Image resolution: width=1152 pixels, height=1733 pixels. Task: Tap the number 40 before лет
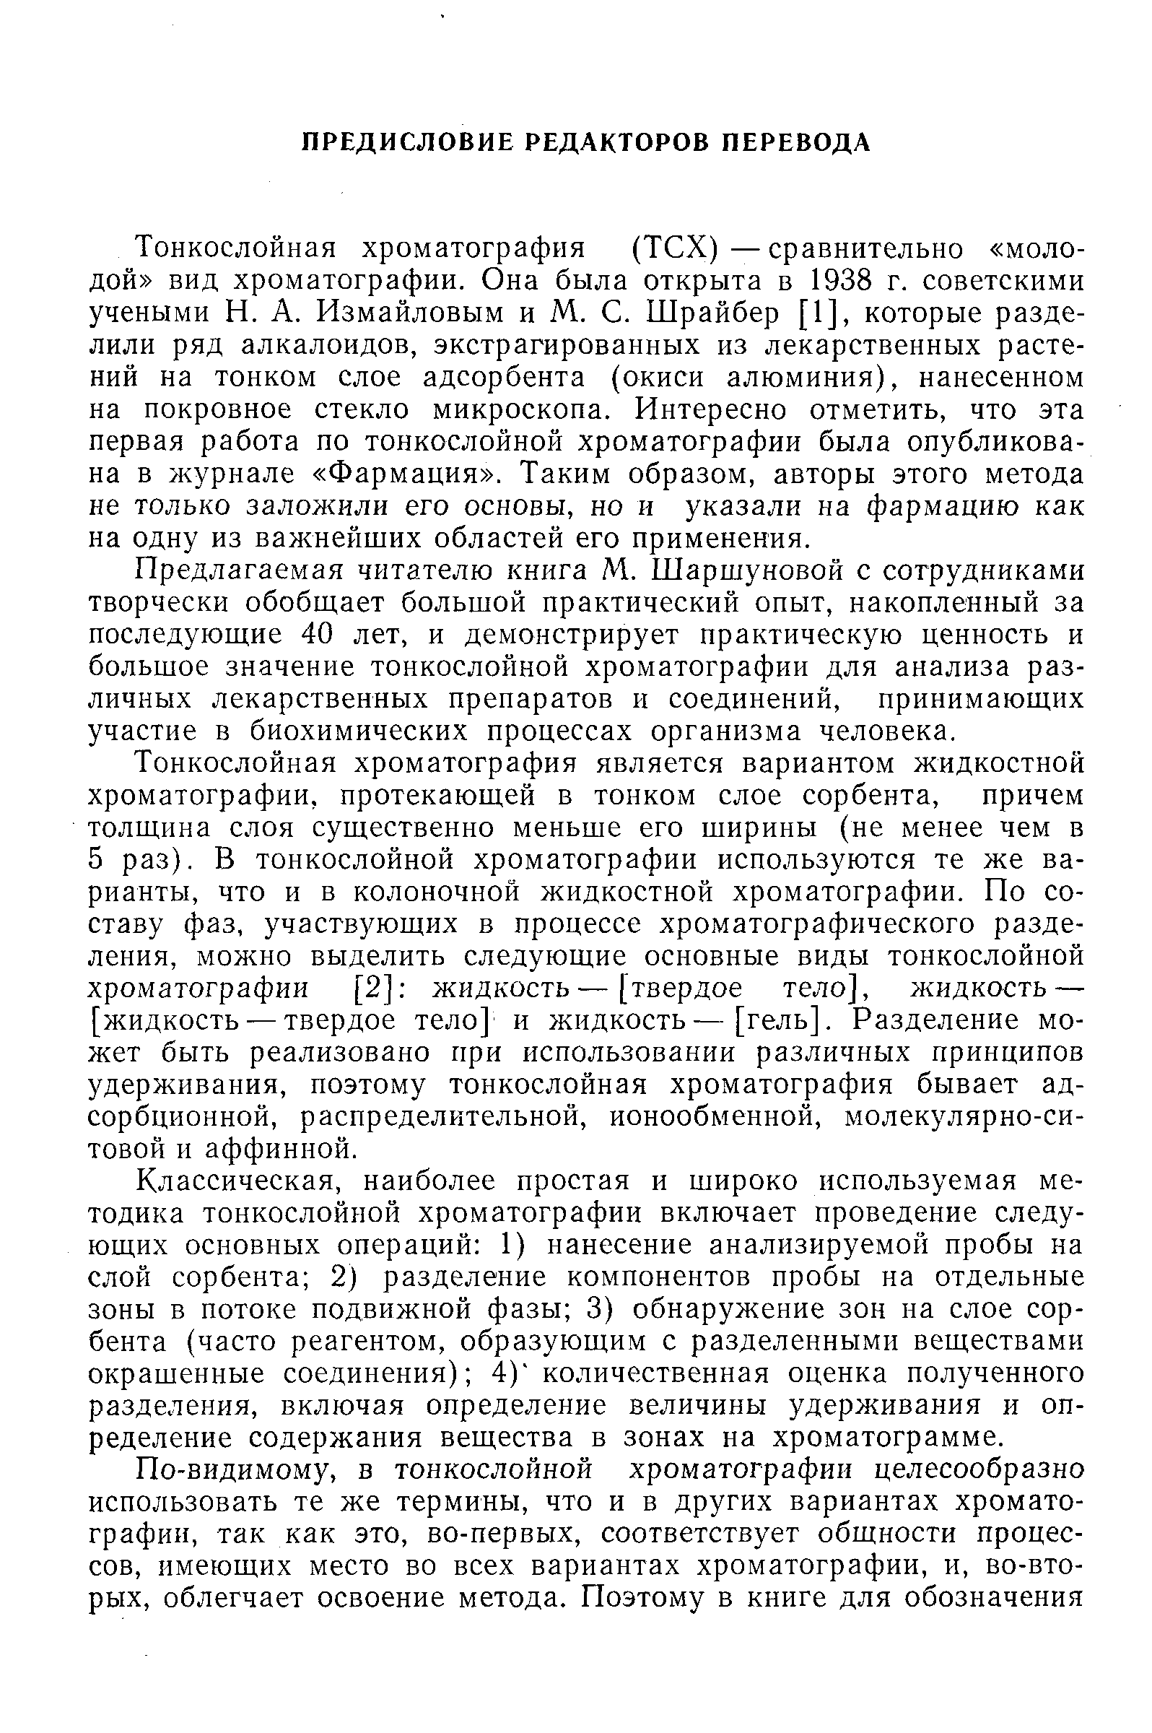(318, 634)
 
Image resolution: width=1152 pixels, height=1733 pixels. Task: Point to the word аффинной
(279, 1149)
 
